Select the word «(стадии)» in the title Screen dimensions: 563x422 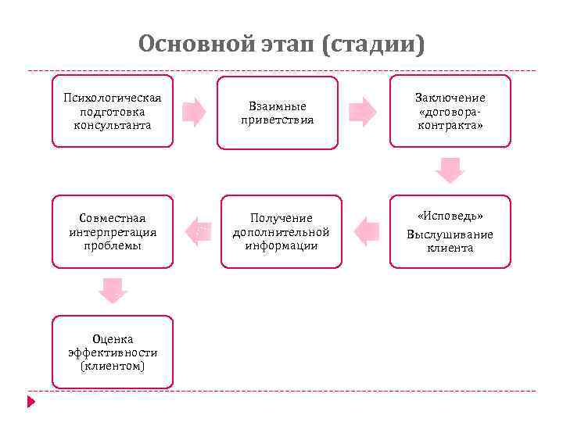tap(373, 44)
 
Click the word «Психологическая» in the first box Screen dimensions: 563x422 tap(113, 98)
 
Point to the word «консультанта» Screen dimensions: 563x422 tap(113, 125)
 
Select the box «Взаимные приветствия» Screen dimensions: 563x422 tap(278, 113)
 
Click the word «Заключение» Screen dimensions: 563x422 tap(450, 98)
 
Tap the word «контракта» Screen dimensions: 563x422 tap(450, 125)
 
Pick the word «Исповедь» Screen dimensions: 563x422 tap(450, 216)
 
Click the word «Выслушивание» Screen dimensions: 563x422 tap(450, 234)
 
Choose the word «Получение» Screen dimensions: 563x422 tap(281, 218)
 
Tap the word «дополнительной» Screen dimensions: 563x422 tap(281, 232)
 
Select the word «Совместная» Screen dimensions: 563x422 tap(113, 218)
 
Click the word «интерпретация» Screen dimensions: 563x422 tap(113, 232)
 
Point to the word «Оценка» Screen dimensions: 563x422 tap(113, 339)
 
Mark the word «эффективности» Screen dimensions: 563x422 tap(113, 352)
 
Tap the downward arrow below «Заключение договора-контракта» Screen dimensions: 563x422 tap(450, 170)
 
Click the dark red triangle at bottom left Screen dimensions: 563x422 tap(31, 402)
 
